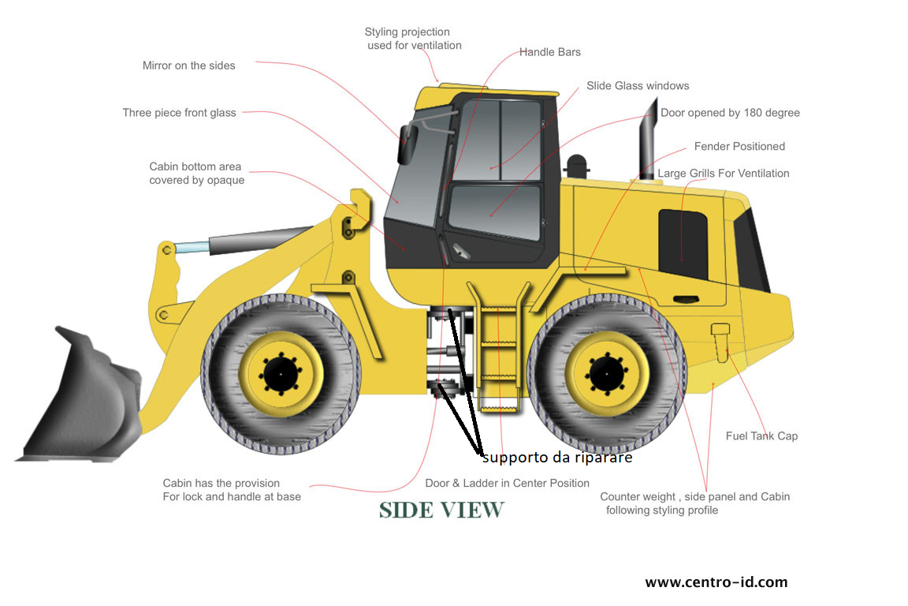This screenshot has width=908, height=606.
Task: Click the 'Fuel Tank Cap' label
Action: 761,436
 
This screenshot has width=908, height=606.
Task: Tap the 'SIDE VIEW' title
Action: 441,511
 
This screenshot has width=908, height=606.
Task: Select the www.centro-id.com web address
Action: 716,582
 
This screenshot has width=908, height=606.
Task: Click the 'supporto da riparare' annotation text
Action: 556,457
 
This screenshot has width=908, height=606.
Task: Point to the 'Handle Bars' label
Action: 549,52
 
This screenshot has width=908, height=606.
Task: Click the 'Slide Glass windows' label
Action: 638,85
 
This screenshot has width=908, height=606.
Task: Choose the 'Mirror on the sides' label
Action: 189,65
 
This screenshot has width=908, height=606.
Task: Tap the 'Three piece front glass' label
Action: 179,113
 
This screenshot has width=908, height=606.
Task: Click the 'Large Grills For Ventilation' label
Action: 724,174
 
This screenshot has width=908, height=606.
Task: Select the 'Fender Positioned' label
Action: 739,147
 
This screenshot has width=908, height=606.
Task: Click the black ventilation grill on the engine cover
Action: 683,245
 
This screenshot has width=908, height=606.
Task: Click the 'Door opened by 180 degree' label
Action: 730,113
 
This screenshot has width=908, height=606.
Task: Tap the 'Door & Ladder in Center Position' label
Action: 507,483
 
